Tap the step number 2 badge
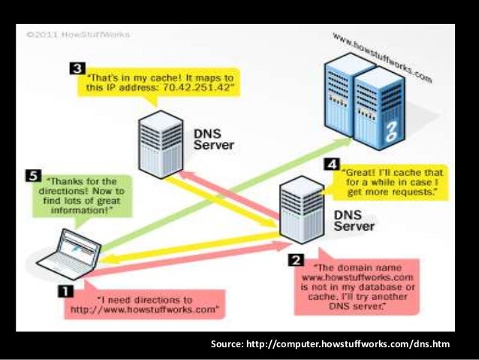pos(297,260)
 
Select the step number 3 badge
pos(76,69)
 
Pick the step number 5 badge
pos(32,176)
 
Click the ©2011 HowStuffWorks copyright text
pos(77,35)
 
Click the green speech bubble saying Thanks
pos(83,196)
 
